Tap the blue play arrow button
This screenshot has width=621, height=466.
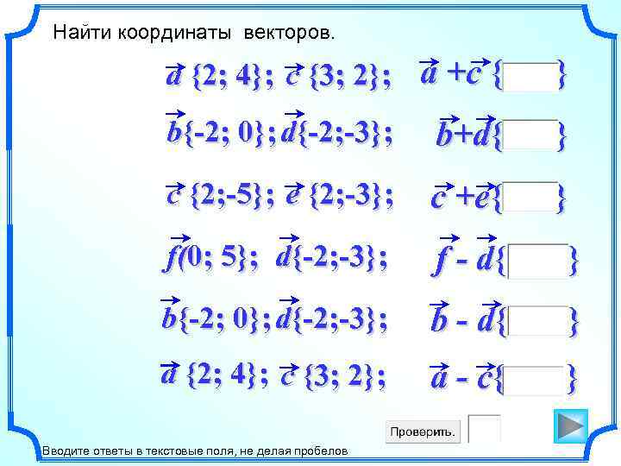tap(570, 426)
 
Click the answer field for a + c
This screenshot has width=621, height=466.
tap(531, 77)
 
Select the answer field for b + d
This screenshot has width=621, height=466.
tap(531, 135)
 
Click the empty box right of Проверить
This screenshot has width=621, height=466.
tap(484, 430)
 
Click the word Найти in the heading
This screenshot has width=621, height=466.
tap(75, 34)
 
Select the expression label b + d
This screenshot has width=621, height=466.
tap(464, 135)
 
